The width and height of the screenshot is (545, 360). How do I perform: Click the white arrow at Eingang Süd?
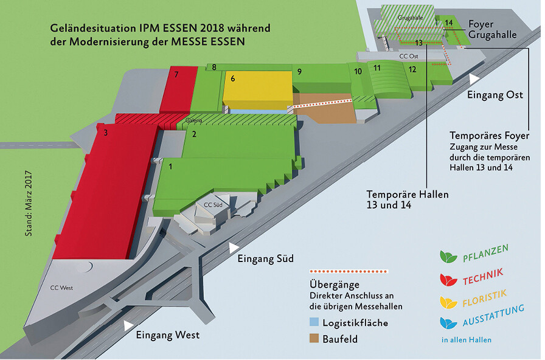233,247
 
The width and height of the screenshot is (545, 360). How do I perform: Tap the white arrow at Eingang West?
128,325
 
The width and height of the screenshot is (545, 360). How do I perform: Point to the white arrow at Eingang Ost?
473,79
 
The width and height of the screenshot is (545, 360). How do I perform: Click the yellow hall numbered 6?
257,89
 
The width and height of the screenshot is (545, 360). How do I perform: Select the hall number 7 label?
176,74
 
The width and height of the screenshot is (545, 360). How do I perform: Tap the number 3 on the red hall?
106,133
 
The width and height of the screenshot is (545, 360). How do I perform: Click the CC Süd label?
213,205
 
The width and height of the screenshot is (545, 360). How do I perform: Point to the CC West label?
61,288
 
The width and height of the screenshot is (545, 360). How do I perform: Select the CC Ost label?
409,56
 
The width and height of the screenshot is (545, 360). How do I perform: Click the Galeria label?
194,120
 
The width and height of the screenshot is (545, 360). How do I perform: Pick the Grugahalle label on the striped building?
410,18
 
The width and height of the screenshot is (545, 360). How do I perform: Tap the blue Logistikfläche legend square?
314,322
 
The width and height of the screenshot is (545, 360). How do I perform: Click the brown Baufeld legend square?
314,338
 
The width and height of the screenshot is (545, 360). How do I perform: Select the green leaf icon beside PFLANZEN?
448,257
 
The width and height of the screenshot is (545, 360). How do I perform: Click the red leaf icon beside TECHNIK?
448,280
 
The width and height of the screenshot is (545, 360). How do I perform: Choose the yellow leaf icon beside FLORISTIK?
448,302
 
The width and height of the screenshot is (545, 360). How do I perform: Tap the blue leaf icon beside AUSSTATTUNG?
448,323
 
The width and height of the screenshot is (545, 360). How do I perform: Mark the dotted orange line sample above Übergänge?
349,271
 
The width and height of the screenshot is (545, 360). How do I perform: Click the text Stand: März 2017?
29,203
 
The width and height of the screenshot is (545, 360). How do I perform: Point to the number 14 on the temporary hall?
449,23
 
